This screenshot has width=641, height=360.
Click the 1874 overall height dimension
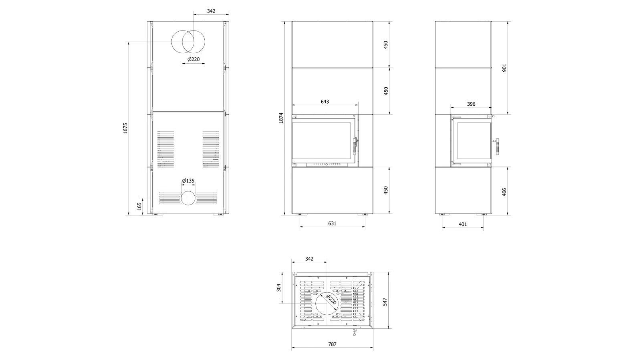point(281,118)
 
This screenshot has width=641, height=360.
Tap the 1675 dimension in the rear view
point(125,128)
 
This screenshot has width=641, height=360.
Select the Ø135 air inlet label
point(188,181)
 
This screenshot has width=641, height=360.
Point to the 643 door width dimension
point(325,101)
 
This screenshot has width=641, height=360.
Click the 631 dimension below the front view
point(332,223)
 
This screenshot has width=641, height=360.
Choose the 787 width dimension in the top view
point(332,344)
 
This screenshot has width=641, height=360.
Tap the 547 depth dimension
point(385,302)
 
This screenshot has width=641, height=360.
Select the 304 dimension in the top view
point(278,288)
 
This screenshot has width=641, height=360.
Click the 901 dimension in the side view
point(504,68)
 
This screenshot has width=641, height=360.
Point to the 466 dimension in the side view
point(504,191)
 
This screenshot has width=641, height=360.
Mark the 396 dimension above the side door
point(471,104)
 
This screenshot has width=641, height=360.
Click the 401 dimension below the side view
point(463,224)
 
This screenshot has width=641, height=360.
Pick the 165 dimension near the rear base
point(139,207)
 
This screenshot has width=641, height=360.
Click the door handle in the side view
point(497,147)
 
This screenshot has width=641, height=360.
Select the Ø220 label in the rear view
point(194,60)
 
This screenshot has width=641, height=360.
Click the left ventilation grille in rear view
point(165,149)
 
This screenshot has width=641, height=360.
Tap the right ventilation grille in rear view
point(211,149)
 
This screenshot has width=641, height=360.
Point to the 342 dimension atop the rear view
point(211,11)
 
